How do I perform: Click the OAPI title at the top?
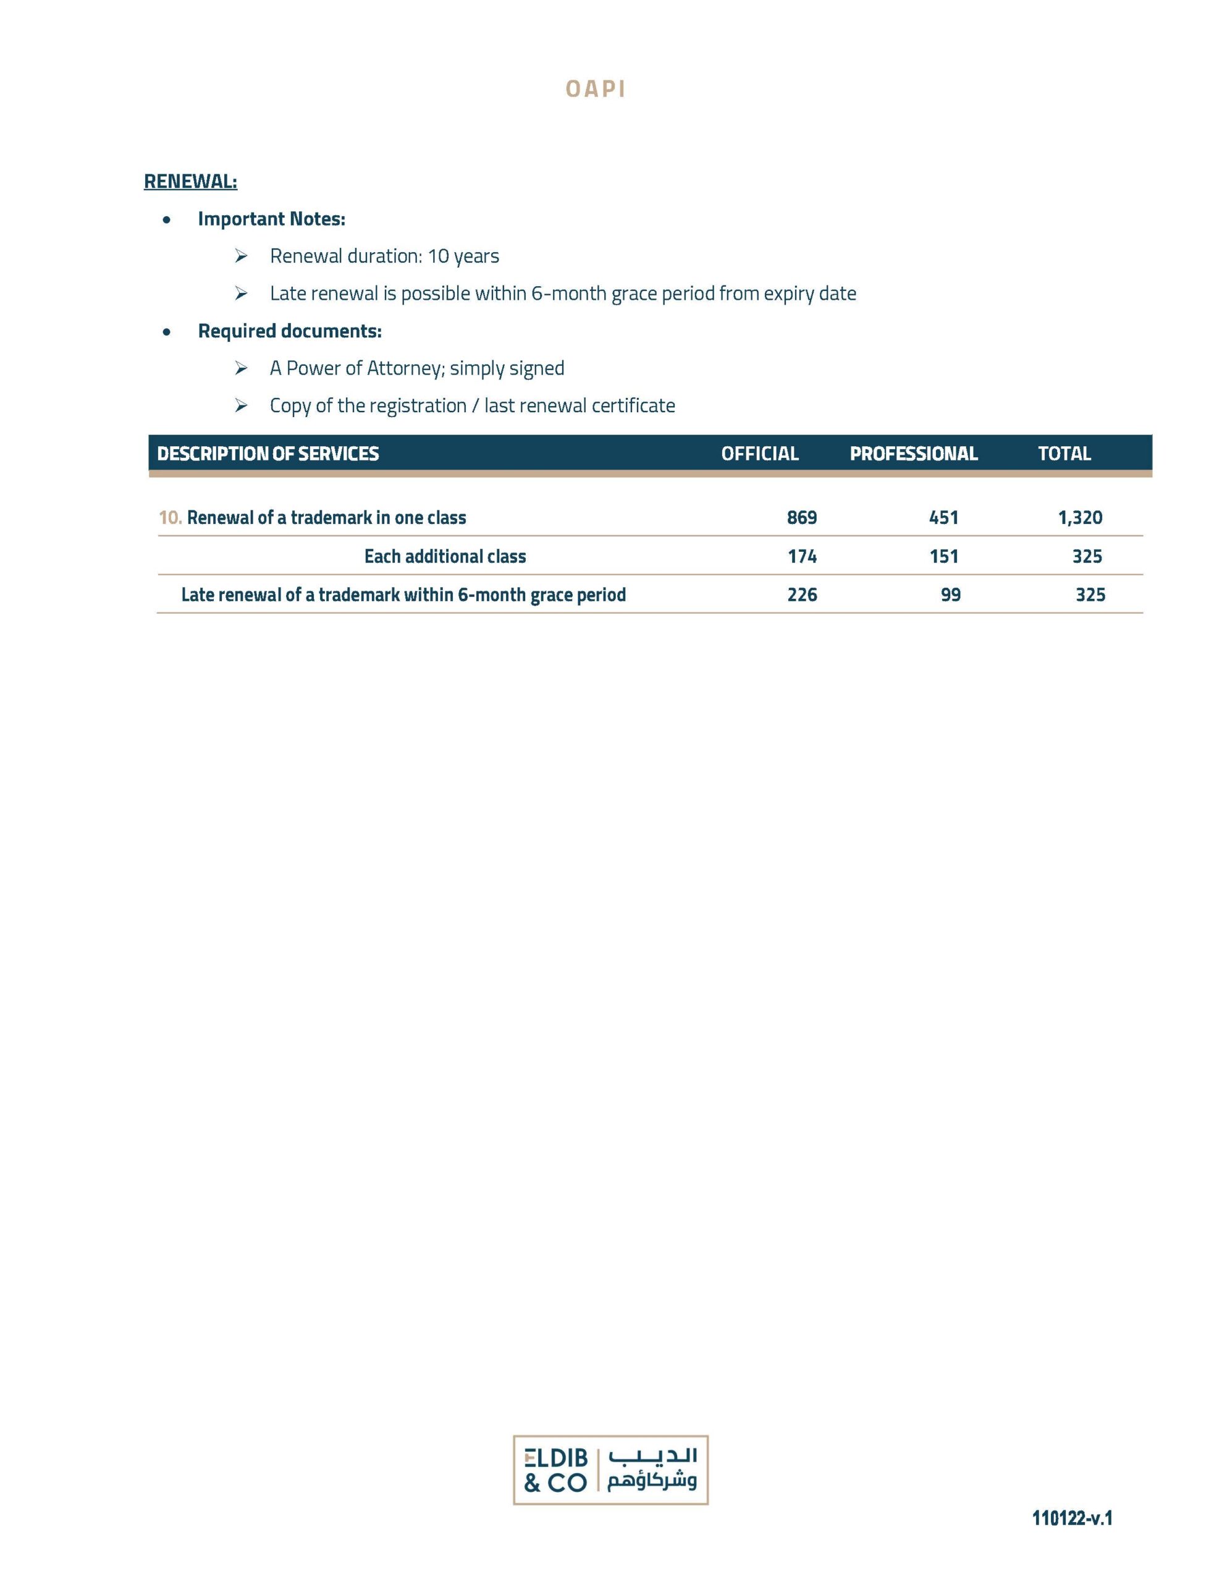tap(595, 89)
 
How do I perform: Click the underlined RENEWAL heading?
tap(190, 181)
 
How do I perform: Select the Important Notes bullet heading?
tap(271, 219)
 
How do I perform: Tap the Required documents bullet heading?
tap(289, 331)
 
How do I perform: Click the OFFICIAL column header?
tap(759, 454)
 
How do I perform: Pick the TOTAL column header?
tap(1063, 454)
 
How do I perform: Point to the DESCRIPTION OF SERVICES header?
tap(268, 454)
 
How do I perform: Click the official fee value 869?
tap(801, 517)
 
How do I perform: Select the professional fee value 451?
tap(943, 517)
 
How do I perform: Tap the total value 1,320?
tap(1079, 517)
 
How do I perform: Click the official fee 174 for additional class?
tap(802, 556)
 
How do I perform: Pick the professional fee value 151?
tap(943, 556)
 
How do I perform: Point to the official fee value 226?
tap(802, 594)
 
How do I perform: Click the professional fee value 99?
tap(950, 594)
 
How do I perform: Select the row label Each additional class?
tap(445, 556)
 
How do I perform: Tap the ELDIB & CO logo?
tap(610, 1470)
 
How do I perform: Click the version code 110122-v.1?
tap(1071, 1518)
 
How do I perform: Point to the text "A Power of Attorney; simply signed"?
tap(416, 368)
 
